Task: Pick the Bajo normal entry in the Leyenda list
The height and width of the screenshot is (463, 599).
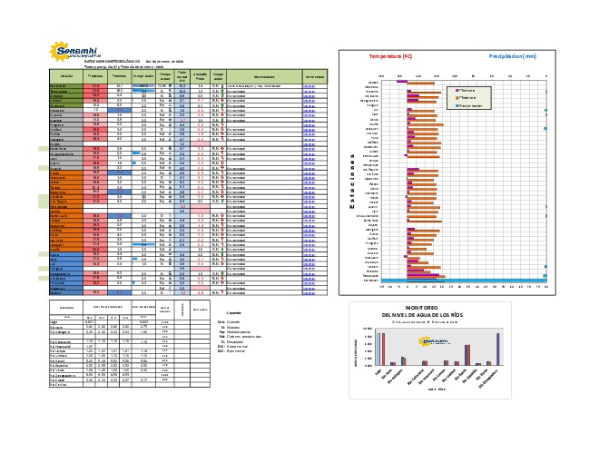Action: [x=233, y=352]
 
